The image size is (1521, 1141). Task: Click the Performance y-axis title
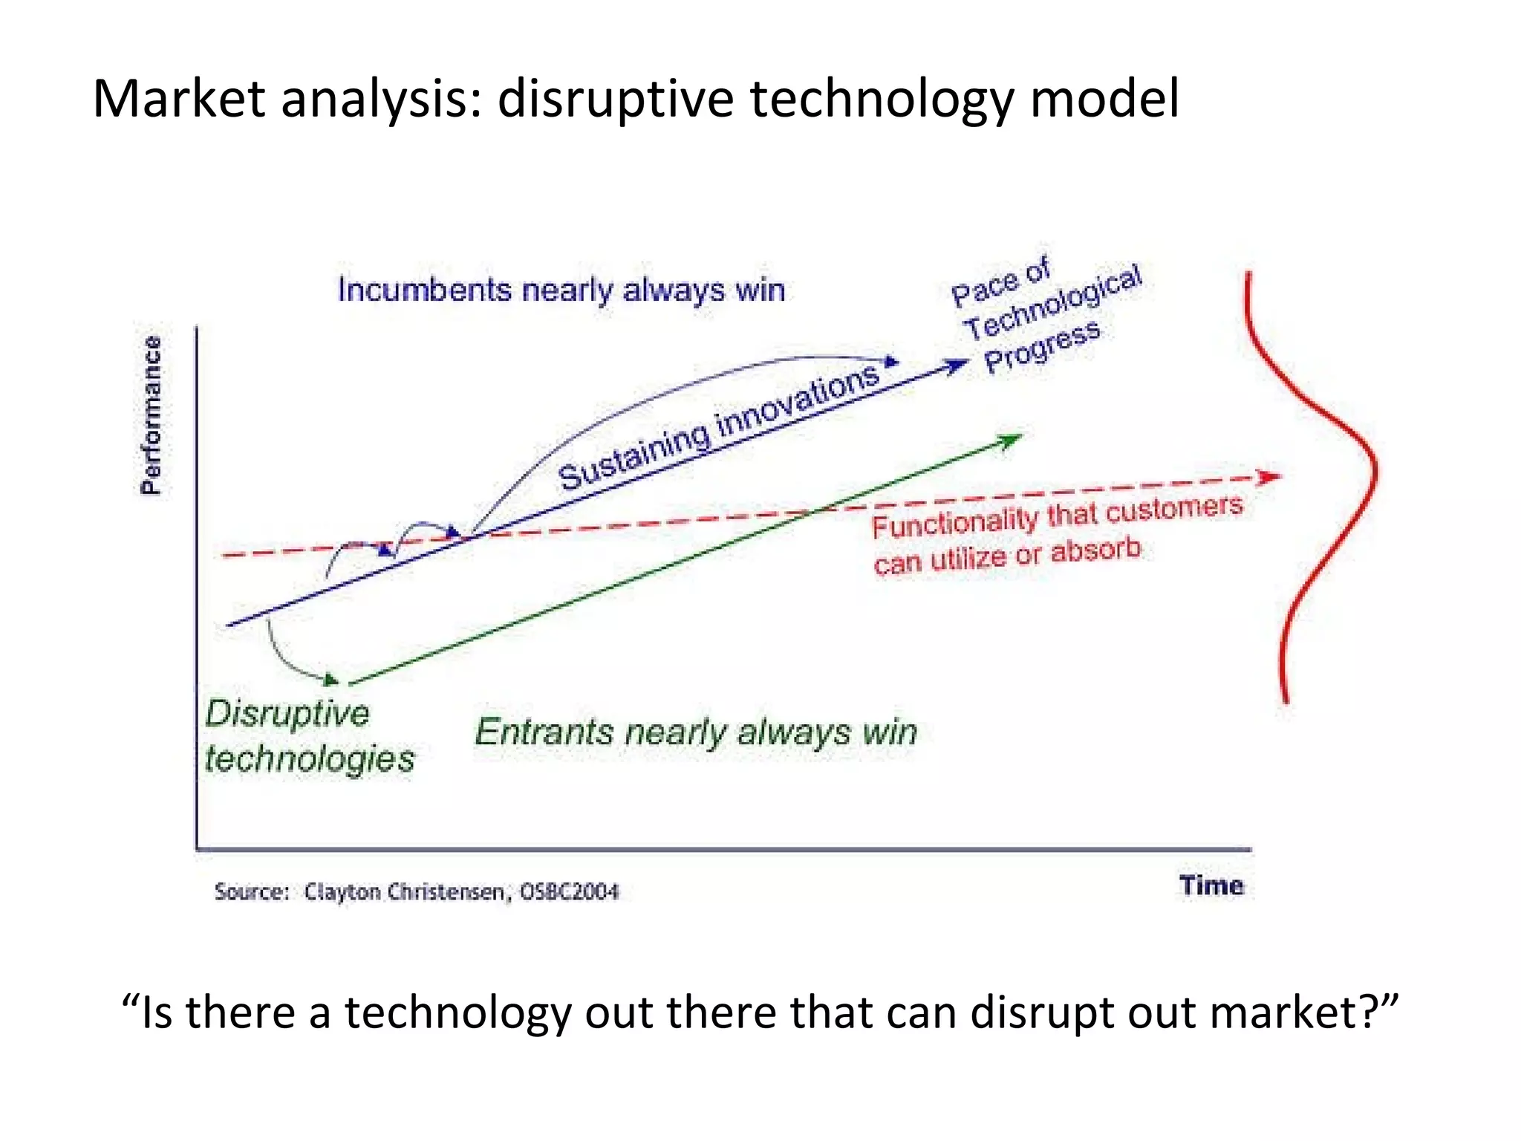click(x=152, y=415)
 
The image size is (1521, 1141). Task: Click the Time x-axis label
click(x=1211, y=885)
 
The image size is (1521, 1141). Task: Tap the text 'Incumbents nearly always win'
click(x=561, y=290)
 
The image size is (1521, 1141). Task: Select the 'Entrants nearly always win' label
click(x=696, y=732)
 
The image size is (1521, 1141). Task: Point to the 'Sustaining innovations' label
click(x=719, y=429)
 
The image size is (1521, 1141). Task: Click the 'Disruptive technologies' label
click(x=309, y=736)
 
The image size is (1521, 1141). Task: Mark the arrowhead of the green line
click(x=1013, y=440)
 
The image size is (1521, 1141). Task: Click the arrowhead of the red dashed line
click(x=1271, y=476)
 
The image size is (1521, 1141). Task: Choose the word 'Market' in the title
click(x=178, y=100)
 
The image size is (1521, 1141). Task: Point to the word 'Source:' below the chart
click(x=252, y=891)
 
